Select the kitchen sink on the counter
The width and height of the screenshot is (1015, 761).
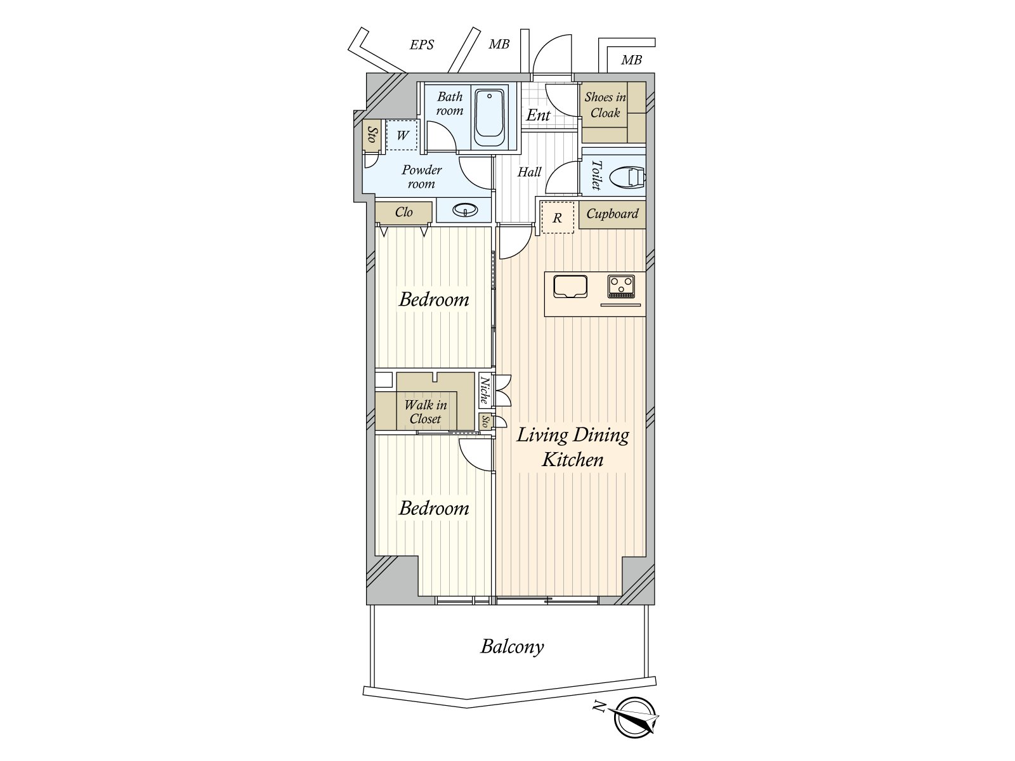tap(570, 286)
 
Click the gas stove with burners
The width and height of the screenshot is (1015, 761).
tap(621, 286)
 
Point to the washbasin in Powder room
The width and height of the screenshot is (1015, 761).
tap(466, 210)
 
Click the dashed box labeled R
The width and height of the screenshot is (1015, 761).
tap(557, 218)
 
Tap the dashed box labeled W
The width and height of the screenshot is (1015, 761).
tap(402, 135)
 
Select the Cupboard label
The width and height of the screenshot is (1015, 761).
tap(612, 214)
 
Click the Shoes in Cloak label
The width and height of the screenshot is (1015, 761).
tap(605, 105)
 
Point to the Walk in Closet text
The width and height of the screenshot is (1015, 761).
tap(425, 412)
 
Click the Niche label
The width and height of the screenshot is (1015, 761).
tap(485, 391)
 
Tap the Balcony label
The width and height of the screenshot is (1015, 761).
tap(512, 646)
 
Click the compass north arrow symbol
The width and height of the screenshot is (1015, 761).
tap(634, 717)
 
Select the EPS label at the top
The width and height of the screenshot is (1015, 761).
tap(422, 44)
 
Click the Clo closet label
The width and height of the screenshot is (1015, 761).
tap(403, 212)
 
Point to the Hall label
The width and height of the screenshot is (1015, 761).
tap(529, 172)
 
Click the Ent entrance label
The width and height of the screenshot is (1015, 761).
tap(538, 115)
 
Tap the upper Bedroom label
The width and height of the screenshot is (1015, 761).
tap(434, 299)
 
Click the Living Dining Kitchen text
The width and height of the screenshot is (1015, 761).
tap(572, 446)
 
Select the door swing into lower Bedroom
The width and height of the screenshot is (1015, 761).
tap(474, 455)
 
